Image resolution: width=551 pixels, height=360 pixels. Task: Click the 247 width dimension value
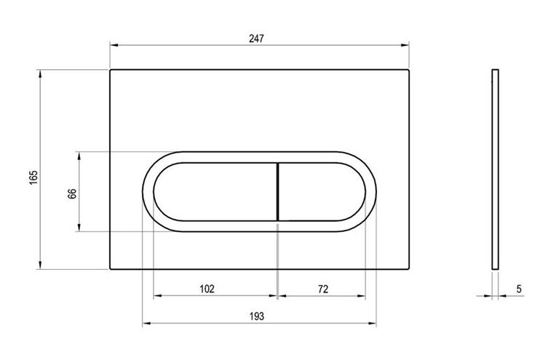tap(256, 39)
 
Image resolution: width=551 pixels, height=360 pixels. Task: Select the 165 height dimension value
tap(33, 177)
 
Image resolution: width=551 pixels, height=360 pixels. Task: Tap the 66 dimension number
tap(71, 193)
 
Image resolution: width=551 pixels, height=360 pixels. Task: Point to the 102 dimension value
tap(207, 289)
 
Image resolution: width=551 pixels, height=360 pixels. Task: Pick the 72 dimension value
tap(323, 289)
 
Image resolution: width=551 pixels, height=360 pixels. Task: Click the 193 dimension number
tap(256, 316)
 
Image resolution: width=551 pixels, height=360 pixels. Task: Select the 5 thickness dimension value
tap(519, 289)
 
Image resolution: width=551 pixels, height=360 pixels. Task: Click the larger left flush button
tap(215, 192)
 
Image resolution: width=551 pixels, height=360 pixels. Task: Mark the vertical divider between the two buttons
tap(278, 192)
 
